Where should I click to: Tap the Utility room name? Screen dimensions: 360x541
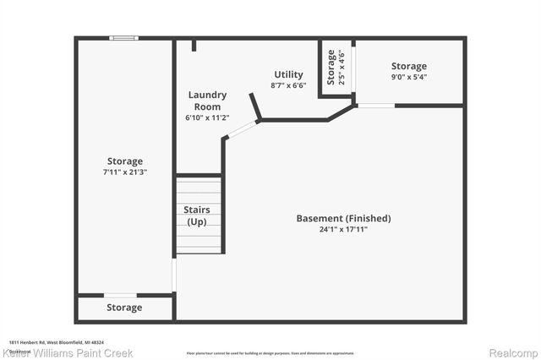pyautogui.click(x=288, y=74)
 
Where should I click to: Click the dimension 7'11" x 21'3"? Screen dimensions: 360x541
pyautogui.click(x=124, y=172)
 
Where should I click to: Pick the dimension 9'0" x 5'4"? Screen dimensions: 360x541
pyautogui.click(x=408, y=78)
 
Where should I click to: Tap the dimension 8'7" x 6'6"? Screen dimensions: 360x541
pyautogui.click(x=288, y=85)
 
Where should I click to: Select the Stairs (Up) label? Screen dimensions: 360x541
pyautogui.click(x=198, y=215)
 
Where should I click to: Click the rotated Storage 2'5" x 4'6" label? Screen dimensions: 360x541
pyautogui.click(x=336, y=68)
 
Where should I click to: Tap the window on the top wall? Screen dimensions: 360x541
pyautogui.click(x=124, y=37)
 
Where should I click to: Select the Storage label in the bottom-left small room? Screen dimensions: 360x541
pyautogui.click(x=124, y=308)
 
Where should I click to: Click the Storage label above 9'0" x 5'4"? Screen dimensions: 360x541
pyautogui.click(x=408, y=66)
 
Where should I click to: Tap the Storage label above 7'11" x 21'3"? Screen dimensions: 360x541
pyautogui.click(x=124, y=161)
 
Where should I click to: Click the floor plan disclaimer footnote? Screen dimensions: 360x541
pyautogui.click(x=270, y=352)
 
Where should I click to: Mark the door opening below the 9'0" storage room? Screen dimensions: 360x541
pyautogui.click(x=374, y=106)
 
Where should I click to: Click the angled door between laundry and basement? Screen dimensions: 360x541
pyautogui.click(x=243, y=128)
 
